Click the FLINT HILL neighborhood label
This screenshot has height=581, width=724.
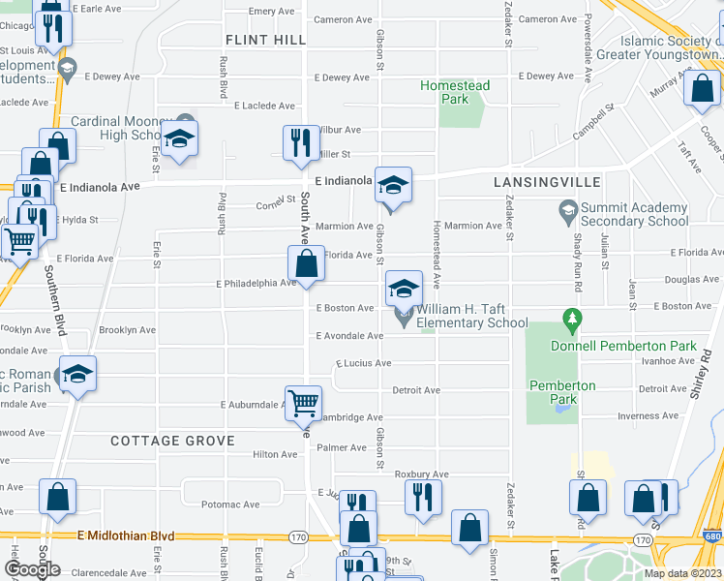click(265, 40)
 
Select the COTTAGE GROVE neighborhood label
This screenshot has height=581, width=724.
click(172, 441)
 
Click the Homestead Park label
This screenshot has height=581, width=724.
click(455, 92)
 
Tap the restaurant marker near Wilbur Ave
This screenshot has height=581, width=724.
click(300, 143)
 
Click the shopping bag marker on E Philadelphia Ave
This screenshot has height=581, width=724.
click(306, 264)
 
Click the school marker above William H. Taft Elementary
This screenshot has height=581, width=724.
click(404, 288)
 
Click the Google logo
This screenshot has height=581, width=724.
click(34, 569)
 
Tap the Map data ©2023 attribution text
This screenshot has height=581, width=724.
click(682, 573)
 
